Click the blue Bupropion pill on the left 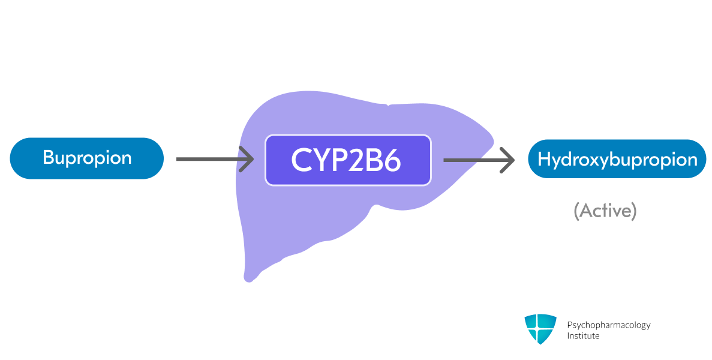86,158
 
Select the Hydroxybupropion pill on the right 617,159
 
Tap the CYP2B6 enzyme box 348,160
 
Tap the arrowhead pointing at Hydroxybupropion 508,160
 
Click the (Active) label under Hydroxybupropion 605,211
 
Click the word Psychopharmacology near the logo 608,325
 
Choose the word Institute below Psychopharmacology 583,336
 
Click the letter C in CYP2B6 301,160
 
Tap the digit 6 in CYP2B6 392,160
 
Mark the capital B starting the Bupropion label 49,158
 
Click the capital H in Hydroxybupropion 544,159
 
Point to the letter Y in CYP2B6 319,160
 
